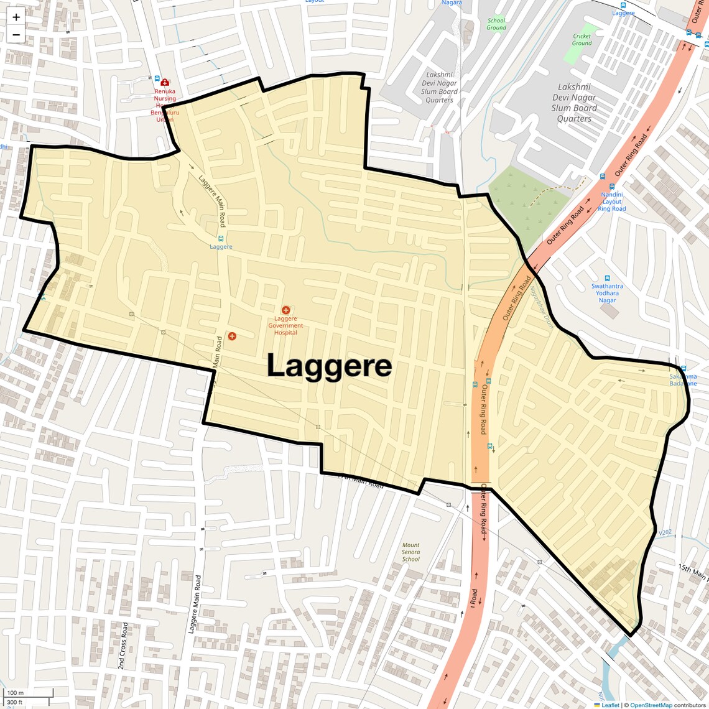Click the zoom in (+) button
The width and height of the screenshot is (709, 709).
[x=16, y=17]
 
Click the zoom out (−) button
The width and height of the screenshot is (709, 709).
[x=16, y=35]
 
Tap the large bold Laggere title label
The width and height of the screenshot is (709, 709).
[x=329, y=366]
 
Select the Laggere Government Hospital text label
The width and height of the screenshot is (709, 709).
[x=285, y=325]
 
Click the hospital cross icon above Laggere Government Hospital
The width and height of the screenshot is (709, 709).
[x=286, y=310]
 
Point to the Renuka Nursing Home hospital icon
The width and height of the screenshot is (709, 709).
[x=165, y=82]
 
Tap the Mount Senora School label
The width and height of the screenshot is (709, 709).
[x=410, y=552]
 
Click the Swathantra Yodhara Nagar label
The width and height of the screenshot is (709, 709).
[x=607, y=293]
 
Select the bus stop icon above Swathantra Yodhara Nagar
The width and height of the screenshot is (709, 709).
[x=607, y=278]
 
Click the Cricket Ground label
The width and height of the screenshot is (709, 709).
[x=582, y=40]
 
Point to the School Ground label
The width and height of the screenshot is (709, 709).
[x=496, y=24]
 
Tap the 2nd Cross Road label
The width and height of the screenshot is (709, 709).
[x=123, y=645]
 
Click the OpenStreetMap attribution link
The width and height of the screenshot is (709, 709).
[x=651, y=705]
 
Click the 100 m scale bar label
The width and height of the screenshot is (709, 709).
[x=15, y=693]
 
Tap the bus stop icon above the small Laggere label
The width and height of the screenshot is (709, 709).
[x=221, y=238]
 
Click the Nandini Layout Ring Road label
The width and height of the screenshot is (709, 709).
[x=612, y=202]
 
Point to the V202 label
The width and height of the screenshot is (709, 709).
[x=665, y=532]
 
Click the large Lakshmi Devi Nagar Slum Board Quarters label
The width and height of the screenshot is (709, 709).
[x=574, y=103]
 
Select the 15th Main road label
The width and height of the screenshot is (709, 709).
[x=693, y=572]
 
